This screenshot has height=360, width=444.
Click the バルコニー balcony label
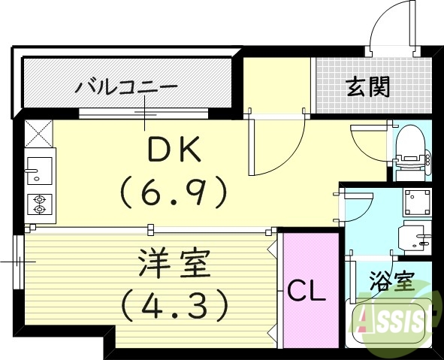pyautogui.click(x=126, y=87)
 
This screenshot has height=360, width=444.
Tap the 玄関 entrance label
pyautogui.click(x=368, y=87)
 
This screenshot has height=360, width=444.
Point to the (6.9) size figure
pyautogui.click(x=174, y=193)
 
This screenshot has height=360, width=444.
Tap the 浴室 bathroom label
pyautogui.click(x=391, y=284)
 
